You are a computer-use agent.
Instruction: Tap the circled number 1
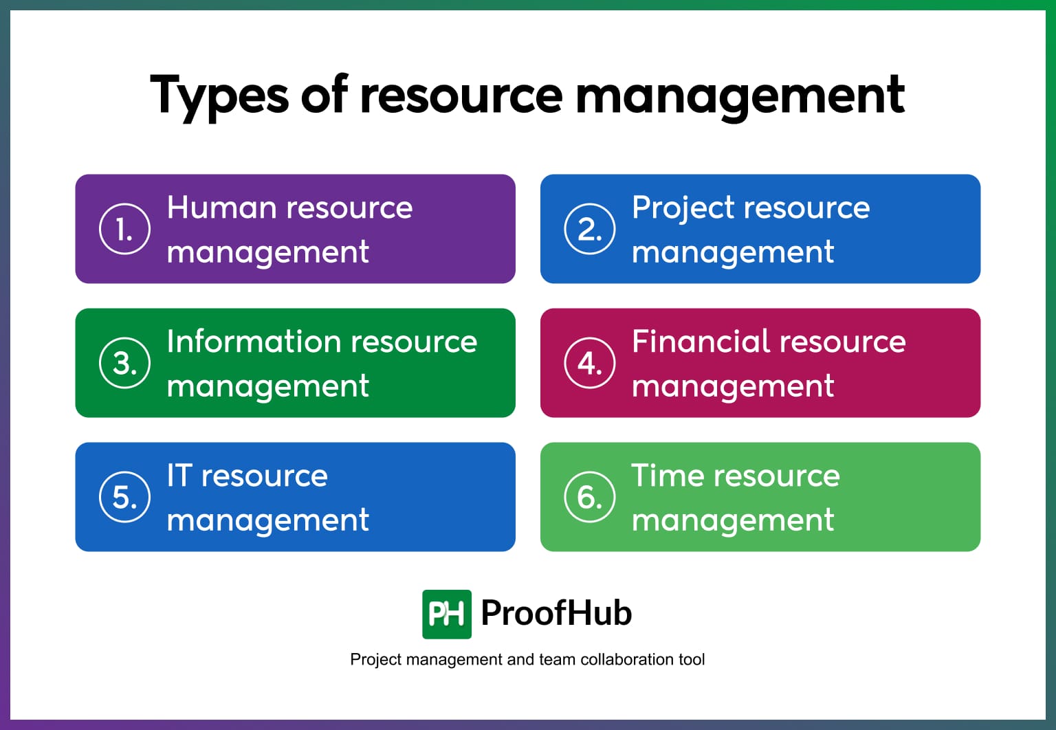pyautogui.click(x=124, y=229)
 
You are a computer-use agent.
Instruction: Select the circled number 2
pyautogui.click(x=590, y=229)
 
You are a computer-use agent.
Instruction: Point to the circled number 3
pyautogui.click(x=124, y=363)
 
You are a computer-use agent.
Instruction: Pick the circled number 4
pyautogui.click(x=590, y=363)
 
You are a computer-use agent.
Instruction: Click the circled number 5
pyautogui.click(x=124, y=497)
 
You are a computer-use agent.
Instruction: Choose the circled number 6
pyautogui.click(x=590, y=497)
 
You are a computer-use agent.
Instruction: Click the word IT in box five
pyautogui.click(x=179, y=476)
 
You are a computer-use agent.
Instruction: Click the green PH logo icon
pyautogui.click(x=447, y=614)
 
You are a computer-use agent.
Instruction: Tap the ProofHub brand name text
pyautogui.click(x=556, y=613)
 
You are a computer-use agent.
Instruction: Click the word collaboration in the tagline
pyautogui.click(x=627, y=660)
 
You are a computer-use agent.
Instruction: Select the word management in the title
pyautogui.click(x=740, y=96)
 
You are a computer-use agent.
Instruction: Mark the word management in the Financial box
pyautogui.click(x=733, y=387)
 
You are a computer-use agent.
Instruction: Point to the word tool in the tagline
pyautogui.click(x=692, y=660)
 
